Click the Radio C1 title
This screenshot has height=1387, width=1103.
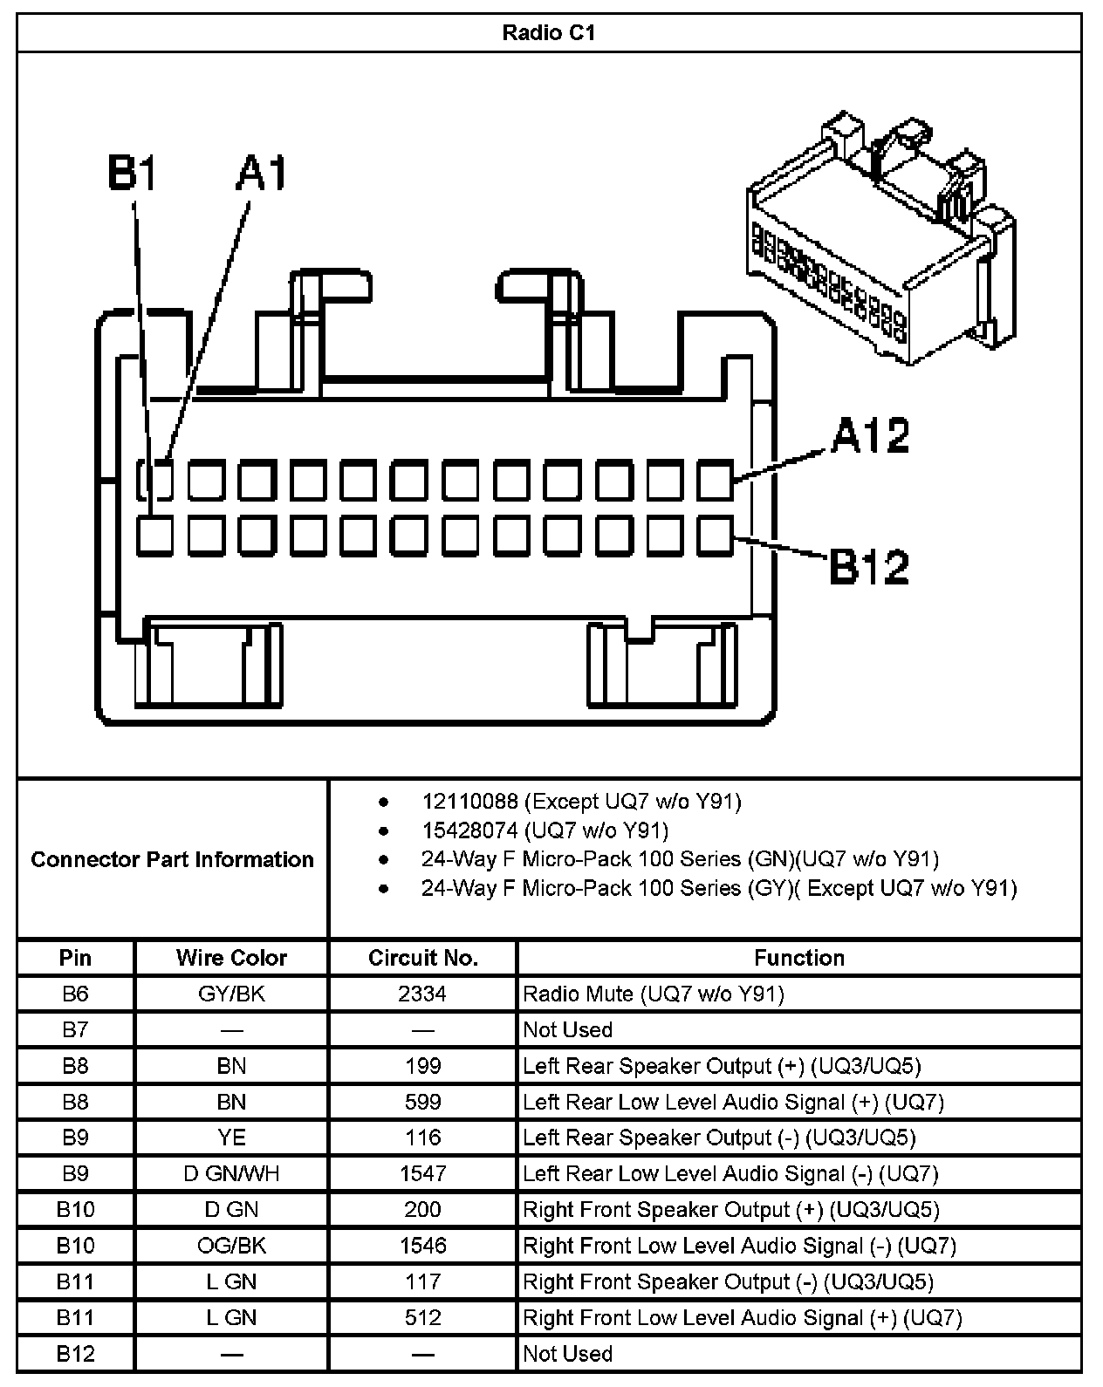pyautogui.click(x=549, y=33)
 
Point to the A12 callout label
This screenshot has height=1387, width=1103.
pyautogui.click(x=869, y=435)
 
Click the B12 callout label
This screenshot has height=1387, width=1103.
pyautogui.click(x=868, y=566)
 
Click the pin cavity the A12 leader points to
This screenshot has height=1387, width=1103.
pyautogui.click(x=716, y=481)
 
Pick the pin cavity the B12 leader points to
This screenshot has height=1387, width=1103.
pyautogui.click(x=716, y=535)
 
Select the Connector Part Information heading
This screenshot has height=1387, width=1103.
pyautogui.click(x=172, y=859)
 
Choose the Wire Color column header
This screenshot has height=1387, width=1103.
pyautogui.click(x=231, y=958)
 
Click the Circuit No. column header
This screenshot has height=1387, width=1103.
pyautogui.click(x=423, y=958)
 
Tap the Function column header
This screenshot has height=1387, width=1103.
pyautogui.click(x=798, y=958)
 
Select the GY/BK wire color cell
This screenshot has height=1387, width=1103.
pyautogui.click(x=231, y=994)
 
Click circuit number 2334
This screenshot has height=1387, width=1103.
pyautogui.click(x=423, y=994)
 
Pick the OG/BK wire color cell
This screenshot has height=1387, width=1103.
pyautogui.click(x=231, y=1246)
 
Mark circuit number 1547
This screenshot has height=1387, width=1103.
pyautogui.click(x=423, y=1173)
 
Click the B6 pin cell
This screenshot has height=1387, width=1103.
pyautogui.click(x=75, y=994)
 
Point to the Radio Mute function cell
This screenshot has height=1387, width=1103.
pyautogui.click(x=653, y=994)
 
